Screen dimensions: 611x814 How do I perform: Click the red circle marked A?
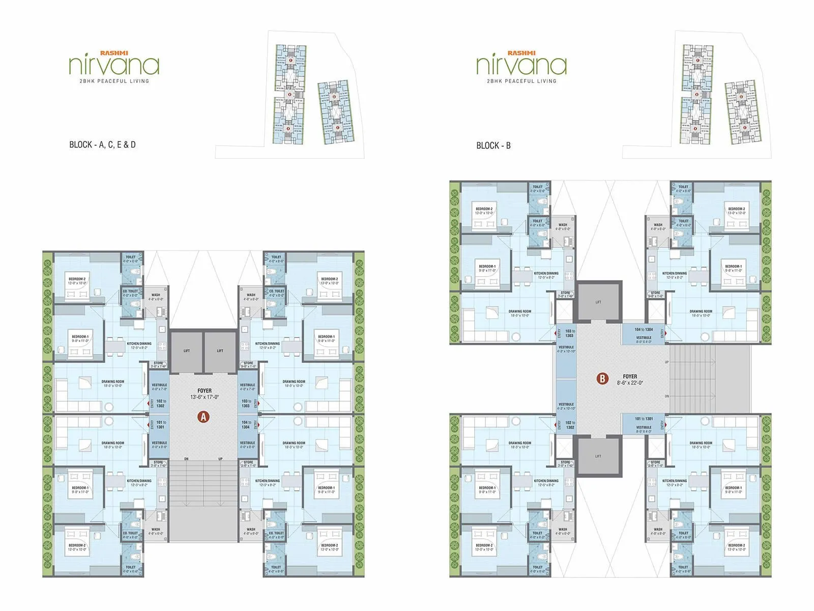tap(203, 417)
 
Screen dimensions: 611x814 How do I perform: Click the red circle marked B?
tap(602, 378)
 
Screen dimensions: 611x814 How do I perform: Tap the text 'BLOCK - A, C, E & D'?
tap(102, 145)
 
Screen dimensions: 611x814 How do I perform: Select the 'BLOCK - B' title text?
tap(493, 146)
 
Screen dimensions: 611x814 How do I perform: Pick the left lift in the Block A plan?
tap(187, 351)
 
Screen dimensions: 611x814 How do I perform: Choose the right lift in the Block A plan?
tap(220, 351)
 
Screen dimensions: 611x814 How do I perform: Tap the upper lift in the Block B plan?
tap(598, 302)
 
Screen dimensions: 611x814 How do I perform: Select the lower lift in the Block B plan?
tap(598, 456)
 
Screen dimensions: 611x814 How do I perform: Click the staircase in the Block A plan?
tap(203, 484)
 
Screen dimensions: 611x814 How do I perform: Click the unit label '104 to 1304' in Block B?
tap(644, 330)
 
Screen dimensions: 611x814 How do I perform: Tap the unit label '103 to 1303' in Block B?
tap(569, 333)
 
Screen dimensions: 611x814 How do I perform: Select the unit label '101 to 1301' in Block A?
tap(161, 425)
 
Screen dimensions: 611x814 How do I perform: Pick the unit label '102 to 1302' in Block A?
tap(161, 403)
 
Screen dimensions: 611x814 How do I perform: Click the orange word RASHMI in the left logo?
tap(114, 53)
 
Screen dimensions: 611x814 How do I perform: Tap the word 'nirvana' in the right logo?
tap(521, 66)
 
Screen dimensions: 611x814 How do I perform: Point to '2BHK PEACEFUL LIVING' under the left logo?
tap(114, 81)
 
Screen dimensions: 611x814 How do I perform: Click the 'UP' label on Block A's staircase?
tap(220, 459)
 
